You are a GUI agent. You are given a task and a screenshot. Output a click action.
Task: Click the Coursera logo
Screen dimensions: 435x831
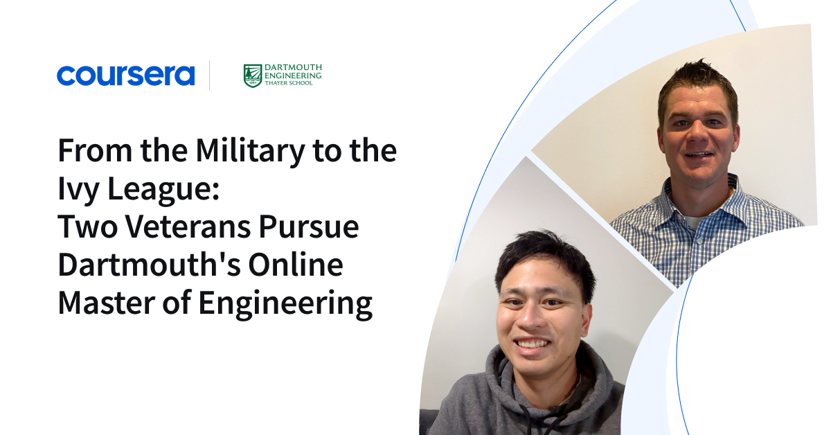point(125,76)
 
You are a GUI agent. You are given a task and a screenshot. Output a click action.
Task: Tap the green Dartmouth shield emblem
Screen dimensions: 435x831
point(253,76)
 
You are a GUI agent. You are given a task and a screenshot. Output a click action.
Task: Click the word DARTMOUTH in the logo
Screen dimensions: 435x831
point(294,68)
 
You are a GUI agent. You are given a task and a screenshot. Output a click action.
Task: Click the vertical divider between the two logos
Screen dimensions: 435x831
point(210,76)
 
